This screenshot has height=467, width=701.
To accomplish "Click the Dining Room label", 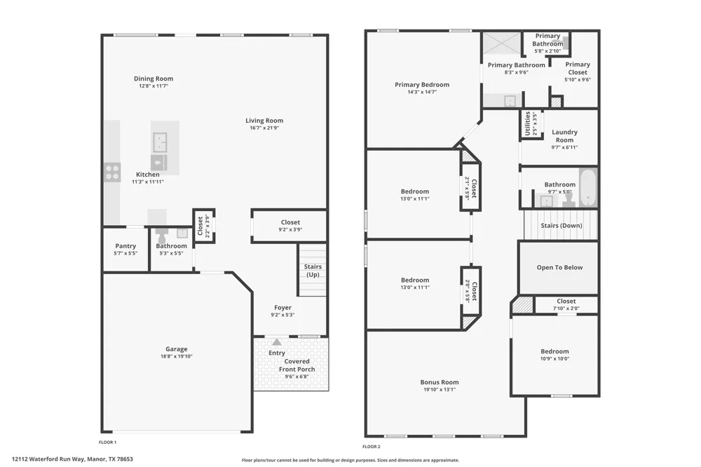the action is [x=154, y=79].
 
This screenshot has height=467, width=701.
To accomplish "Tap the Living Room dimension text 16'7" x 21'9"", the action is [x=264, y=128].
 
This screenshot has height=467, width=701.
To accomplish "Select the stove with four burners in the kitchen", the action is [x=112, y=172].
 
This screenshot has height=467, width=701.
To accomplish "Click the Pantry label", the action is [x=125, y=246].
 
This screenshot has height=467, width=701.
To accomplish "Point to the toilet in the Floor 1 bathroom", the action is [x=161, y=236].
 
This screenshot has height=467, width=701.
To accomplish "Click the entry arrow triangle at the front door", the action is [x=277, y=342].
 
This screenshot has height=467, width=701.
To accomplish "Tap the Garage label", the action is [x=177, y=349].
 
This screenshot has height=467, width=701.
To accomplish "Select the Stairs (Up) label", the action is [x=313, y=271].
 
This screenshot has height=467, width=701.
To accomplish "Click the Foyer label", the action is [x=283, y=308].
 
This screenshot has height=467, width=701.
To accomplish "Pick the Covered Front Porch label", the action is [x=297, y=365].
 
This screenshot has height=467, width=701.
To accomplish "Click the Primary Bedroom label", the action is [x=422, y=85].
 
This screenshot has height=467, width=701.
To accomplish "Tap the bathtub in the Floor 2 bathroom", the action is [x=588, y=187].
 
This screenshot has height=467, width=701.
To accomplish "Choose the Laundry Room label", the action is [x=564, y=136].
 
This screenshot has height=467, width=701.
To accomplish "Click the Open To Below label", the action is [x=559, y=267].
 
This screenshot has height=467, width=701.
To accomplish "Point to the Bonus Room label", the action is [x=440, y=382].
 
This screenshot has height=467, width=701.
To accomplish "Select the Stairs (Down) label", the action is [x=562, y=226].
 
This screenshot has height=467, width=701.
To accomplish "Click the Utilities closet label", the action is [x=528, y=123].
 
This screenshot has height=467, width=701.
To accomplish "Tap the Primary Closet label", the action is [x=578, y=69].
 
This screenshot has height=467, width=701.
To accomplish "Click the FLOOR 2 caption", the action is [x=372, y=447].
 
